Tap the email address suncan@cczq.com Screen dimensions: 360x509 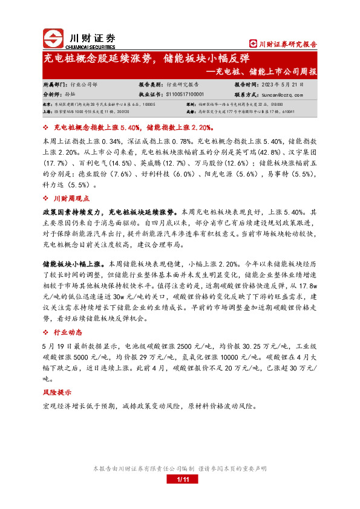282,95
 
